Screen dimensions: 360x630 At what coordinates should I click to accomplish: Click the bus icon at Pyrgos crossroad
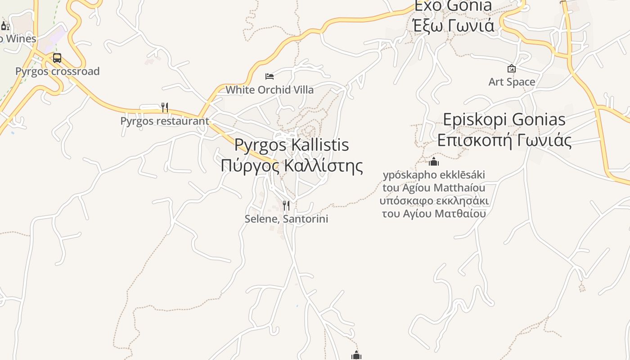coord(57,58)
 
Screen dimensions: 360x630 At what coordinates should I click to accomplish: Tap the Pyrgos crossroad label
coord(58,71)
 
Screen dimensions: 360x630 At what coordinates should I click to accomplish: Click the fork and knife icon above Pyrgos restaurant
coord(165,107)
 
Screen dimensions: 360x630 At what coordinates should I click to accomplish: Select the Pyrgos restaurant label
coord(165,121)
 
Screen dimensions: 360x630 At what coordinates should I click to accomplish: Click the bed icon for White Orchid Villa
coord(270,76)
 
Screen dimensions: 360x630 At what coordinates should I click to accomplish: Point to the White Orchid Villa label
coord(270,90)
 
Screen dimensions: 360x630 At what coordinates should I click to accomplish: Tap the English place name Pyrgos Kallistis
coord(292,145)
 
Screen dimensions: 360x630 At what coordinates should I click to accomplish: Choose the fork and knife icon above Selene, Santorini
coord(286,206)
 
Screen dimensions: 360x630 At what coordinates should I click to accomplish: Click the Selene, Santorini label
coord(286,219)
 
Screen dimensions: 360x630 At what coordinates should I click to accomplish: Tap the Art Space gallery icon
coord(512,68)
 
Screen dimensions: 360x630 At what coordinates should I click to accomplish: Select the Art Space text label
coord(512,82)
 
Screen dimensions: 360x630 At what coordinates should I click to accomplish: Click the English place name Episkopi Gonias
coord(504,120)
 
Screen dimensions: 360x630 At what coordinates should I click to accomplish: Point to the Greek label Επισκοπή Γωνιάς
coord(504,140)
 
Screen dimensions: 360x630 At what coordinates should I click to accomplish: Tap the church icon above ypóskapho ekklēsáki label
coord(434,162)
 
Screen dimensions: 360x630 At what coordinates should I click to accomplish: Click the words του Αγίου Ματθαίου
coord(434,213)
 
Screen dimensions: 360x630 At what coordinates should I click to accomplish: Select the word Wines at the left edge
coord(21,39)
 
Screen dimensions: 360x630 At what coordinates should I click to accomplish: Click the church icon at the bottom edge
coord(356,356)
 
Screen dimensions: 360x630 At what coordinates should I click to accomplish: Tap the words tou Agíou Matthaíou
coord(434,188)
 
